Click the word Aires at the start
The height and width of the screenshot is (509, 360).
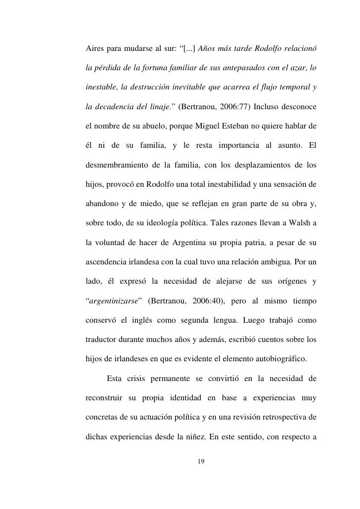coord(96,50)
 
